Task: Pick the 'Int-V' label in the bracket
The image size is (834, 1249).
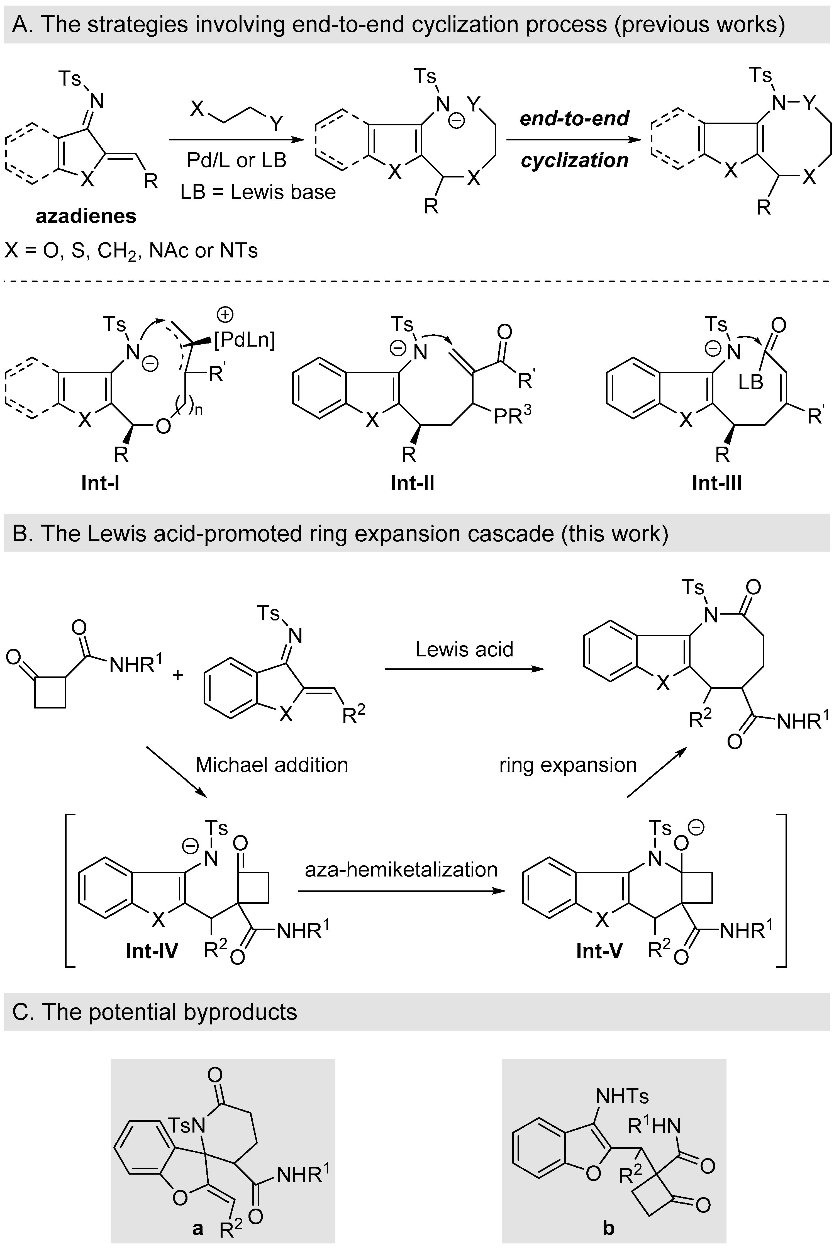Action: pos(599,951)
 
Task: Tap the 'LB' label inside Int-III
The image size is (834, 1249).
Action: pos(750,381)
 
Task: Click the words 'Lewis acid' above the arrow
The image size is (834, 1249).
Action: pos(464,649)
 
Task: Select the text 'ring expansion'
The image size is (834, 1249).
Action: pos(568,765)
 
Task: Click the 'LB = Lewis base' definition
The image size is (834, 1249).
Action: pos(258,192)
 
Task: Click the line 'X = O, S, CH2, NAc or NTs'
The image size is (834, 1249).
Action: pos(131,250)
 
